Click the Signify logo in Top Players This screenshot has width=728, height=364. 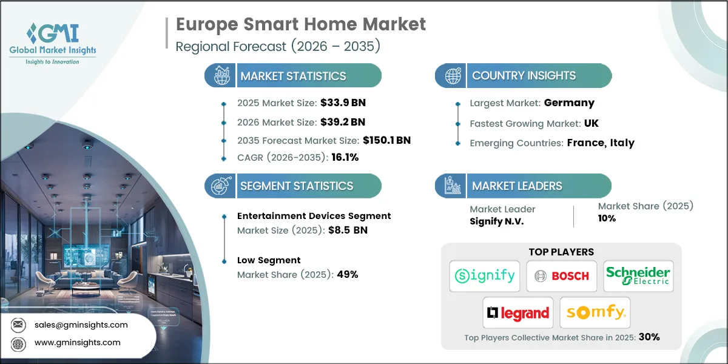coord(485,276)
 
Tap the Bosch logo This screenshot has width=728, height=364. coord(561,276)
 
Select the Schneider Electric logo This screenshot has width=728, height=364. coord(638,275)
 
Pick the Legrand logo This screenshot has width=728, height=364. coord(518,313)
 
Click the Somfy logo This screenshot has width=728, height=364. coord(595,313)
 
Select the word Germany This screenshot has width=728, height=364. coord(569,103)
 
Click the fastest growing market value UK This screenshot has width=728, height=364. coord(591,123)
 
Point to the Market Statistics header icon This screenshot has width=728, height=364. coord(220,76)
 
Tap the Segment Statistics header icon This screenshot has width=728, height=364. coord(220,186)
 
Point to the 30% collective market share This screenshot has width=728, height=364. coord(647,337)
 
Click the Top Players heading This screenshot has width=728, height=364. coord(561,252)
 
